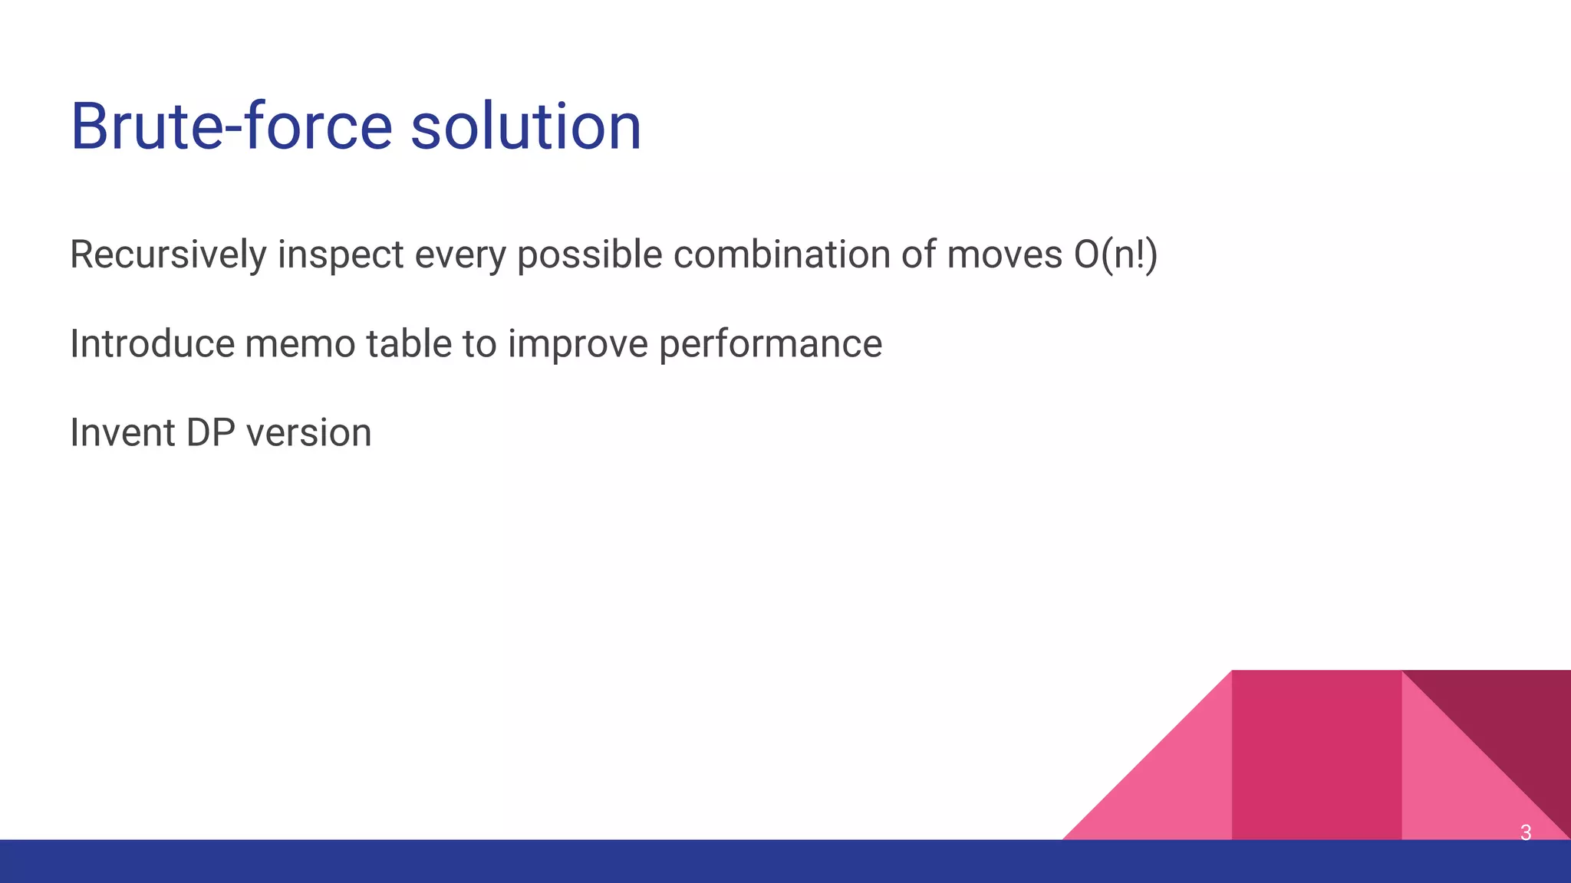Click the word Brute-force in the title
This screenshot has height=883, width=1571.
[x=230, y=126]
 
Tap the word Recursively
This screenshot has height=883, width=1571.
[x=167, y=255]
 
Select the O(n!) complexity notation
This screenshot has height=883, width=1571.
[x=1115, y=255]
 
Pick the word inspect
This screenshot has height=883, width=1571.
[x=340, y=255]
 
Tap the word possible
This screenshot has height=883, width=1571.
[x=589, y=255]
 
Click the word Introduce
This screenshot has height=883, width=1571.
[x=152, y=344]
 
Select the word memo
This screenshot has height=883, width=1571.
[x=300, y=344]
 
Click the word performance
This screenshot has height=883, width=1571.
[x=770, y=344]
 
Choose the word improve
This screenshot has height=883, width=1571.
[x=578, y=344]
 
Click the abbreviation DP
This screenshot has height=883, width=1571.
[x=210, y=433]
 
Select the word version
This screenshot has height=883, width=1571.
[x=308, y=433]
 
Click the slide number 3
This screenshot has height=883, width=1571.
[x=1525, y=832]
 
